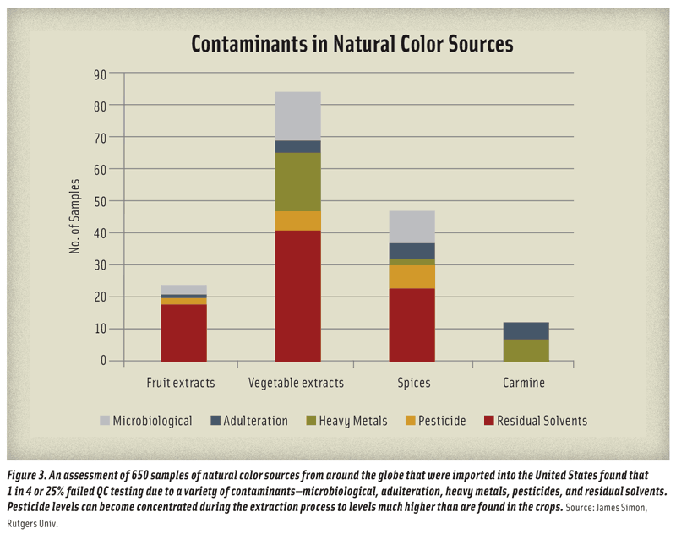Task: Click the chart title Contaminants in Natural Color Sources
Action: pos(352,44)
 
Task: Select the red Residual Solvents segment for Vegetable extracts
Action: pos(297,295)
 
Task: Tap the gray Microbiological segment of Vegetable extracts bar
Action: pos(297,116)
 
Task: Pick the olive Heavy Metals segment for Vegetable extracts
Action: pos(297,182)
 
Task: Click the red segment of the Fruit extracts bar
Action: pos(183,333)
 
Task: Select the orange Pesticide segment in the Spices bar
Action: pos(412,276)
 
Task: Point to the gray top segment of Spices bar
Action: pos(412,226)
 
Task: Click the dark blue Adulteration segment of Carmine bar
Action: pos(526,330)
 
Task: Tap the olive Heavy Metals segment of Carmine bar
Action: pos(526,350)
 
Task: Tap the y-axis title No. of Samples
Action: pos(75,217)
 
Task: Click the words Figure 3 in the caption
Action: pos(31,476)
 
